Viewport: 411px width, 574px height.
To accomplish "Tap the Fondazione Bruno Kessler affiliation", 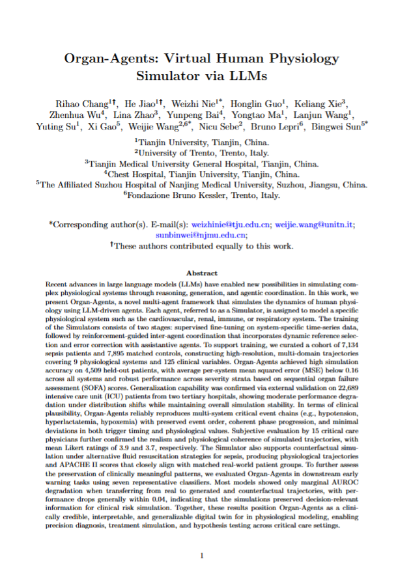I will click(205, 195).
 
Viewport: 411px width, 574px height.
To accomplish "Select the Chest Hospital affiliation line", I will click(205, 174).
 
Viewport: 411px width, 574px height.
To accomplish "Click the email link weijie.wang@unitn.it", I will click(315, 225).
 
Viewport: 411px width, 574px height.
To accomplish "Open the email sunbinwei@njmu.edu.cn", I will click(205, 235).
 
